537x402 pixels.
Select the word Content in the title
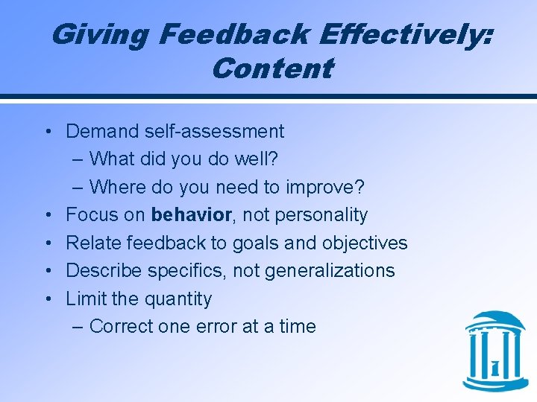[x=271, y=68]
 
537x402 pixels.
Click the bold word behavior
[x=192, y=215]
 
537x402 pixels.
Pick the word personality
[x=321, y=215]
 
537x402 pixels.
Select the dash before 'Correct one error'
[x=79, y=326]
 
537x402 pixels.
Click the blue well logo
[x=494, y=351]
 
